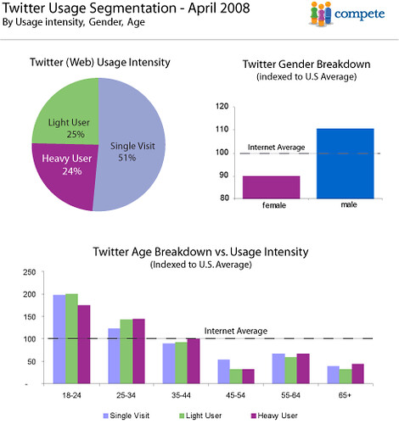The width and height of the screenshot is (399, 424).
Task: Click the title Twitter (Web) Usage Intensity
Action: click(x=99, y=62)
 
